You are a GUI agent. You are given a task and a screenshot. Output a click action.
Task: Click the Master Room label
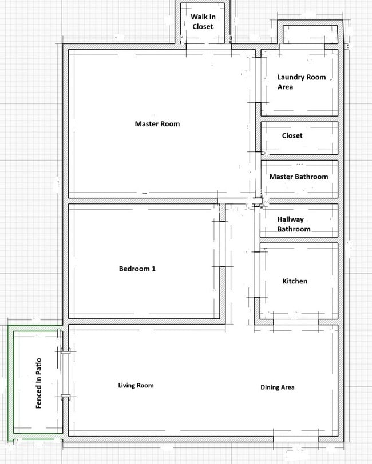(157, 123)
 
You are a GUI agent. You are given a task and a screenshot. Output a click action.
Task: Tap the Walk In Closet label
(203, 22)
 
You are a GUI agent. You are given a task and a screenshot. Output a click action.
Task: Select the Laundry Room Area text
(301, 82)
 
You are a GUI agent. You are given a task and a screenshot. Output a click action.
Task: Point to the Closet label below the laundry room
(292, 136)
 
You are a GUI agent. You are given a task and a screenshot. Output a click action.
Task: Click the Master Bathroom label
(299, 177)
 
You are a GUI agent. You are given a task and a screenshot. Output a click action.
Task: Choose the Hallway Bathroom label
(294, 224)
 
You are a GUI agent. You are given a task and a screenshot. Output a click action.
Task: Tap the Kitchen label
(295, 281)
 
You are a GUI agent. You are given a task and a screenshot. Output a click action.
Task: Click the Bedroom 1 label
(137, 269)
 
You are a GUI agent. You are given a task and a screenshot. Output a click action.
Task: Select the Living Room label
(136, 386)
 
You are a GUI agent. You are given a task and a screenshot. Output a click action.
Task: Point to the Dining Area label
(278, 387)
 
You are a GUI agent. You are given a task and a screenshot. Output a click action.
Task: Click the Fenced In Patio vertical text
(38, 383)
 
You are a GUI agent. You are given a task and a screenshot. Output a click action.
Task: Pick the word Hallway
(291, 219)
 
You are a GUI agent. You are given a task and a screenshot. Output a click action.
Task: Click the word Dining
(270, 387)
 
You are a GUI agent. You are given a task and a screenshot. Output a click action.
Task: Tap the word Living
(126, 386)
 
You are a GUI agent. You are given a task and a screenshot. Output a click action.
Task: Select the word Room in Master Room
(170, 123)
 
